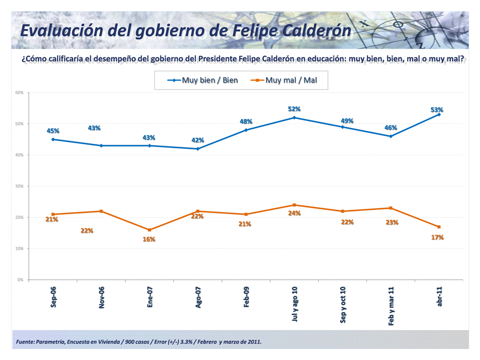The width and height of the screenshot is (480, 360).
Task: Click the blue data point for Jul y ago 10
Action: click(294, 118)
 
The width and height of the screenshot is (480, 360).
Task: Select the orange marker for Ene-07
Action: click(149, 230)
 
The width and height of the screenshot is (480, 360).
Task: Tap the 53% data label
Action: click(437, 110)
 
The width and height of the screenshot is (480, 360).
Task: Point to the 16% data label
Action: click(149, 239)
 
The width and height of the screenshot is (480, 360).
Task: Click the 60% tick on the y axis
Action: click(19, 93)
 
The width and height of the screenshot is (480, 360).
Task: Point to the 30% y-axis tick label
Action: click(19, 186)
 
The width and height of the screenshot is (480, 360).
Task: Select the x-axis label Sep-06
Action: click(53, 298)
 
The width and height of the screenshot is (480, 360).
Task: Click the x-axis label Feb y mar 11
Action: click(391, 306)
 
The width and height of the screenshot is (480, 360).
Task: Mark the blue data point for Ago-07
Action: click(198, 149)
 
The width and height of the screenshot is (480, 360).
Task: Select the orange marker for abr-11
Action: click(439, 227)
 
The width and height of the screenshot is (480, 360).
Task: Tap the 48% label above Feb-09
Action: click(246, 121)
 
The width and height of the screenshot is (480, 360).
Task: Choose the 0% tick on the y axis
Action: click(20, 280)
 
